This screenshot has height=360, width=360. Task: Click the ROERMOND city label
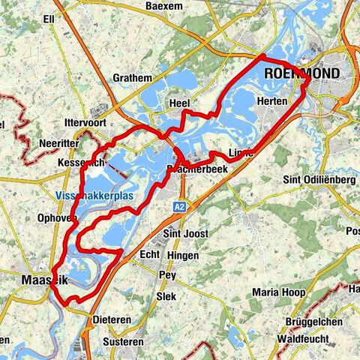pyautogui.click(x=301, y=73)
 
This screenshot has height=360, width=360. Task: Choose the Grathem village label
pyautogui.click(x=132, y=77)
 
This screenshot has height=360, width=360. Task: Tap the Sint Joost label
pyautogui.click(x=184, y=234)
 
